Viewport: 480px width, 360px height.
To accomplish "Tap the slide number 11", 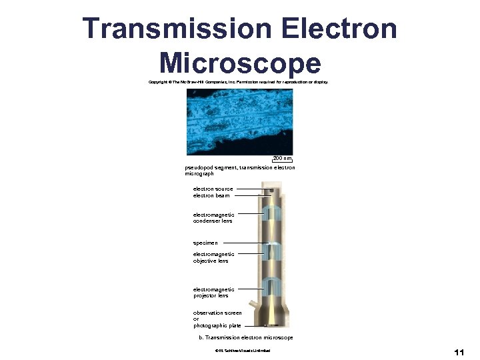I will [458, 352].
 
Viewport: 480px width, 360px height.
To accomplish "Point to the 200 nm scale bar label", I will [283, 159].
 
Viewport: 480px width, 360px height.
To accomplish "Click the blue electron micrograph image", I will [240, 122].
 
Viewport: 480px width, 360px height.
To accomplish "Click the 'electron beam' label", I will [211, 195].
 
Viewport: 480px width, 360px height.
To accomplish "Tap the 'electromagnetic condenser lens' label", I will [213, 218].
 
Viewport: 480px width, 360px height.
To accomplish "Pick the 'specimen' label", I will [205, 243].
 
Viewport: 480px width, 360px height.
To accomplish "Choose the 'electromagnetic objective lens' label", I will [213, 257].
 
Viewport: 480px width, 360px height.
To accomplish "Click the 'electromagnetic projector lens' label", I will [213, 293].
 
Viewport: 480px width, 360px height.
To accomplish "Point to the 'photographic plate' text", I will [217, 326].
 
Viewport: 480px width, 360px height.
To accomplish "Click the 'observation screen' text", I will [218, 313].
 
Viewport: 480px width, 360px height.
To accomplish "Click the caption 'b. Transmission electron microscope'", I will [246, 338].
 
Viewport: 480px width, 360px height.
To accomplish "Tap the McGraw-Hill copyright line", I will [239, 83].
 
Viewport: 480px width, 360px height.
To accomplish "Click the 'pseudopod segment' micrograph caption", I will [239, 170].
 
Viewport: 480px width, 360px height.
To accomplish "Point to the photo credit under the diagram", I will [239, 351].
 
